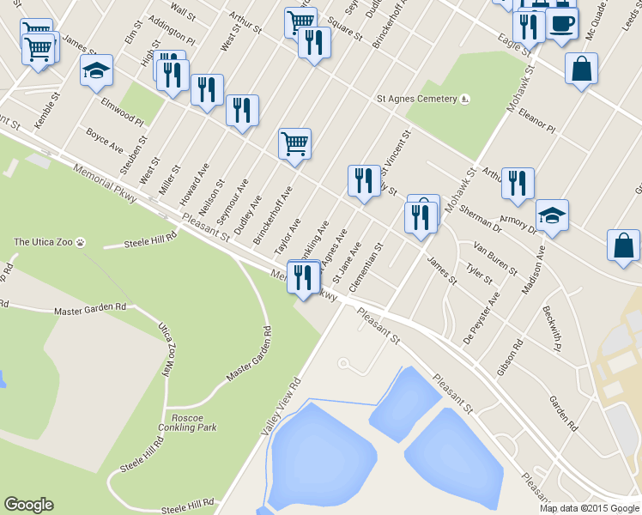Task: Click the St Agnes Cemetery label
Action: click(418, 99)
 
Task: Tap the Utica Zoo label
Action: click(45, 242)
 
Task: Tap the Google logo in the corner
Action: click(28, 505)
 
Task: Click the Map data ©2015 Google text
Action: click(590, 508)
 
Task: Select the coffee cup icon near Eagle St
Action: click(562, 23)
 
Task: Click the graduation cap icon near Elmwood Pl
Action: click(97, 70)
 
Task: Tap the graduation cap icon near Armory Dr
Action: click(552, 215)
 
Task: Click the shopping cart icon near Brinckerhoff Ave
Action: click(294, 143)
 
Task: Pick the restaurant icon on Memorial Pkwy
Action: click(303, 276)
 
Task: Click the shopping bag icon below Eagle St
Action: click(581, 70)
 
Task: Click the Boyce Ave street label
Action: click(105, 140)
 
